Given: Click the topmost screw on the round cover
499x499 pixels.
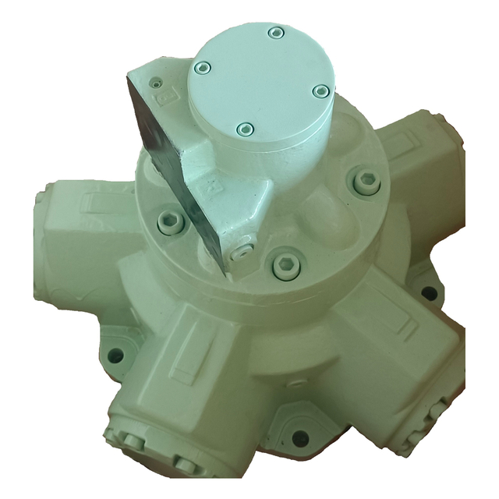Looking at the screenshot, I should (274, 33).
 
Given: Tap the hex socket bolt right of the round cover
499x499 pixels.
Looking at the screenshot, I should (366, 182).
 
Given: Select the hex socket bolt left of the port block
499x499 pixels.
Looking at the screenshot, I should (171, 222).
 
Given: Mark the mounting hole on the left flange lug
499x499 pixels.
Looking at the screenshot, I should (115, 356).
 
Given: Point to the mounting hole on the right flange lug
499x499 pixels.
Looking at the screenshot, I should (428, 293).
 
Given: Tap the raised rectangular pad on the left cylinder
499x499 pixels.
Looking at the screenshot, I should (90, 205).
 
